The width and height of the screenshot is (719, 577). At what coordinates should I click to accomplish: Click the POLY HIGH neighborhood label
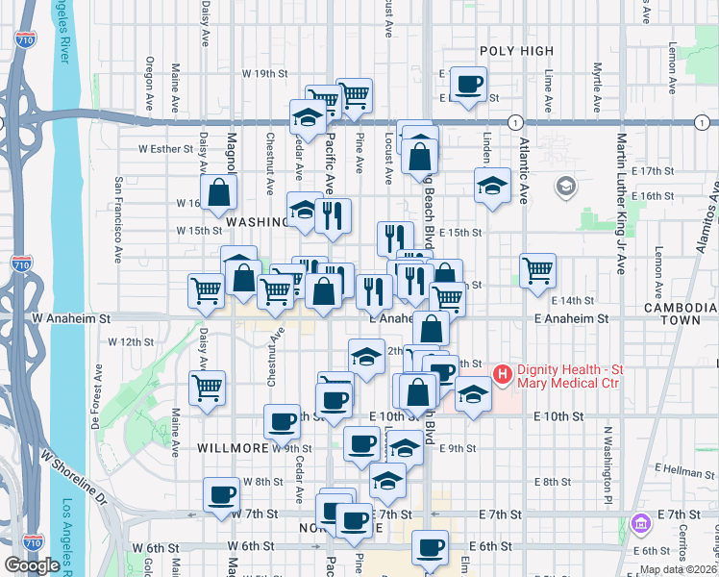pyautogui.click(x=517, y=51)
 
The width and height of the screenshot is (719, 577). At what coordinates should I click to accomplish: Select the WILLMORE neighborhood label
pyautogui.click(x=232, y=448)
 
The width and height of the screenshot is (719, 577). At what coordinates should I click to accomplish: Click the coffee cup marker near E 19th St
pyautogui.click(x=468, y=84)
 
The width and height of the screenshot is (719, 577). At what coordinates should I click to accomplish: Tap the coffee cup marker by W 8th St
pyautogui.click(x=221, y=494)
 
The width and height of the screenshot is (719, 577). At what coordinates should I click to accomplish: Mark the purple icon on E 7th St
pyautogui.click(x=642, y=524)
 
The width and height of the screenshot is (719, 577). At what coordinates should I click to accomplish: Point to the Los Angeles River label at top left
pyautogui.click(x=68, y=38)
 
